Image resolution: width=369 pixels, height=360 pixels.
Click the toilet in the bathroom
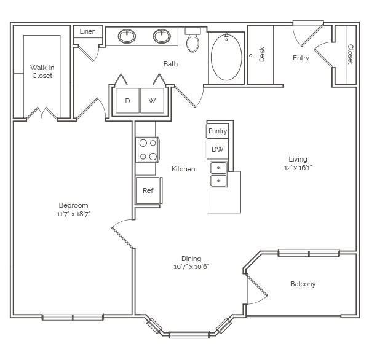192,40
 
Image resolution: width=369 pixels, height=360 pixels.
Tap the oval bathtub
226,57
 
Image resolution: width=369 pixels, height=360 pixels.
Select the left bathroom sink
127,36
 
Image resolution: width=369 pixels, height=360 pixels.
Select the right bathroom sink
162,36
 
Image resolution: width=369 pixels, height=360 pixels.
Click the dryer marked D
127,101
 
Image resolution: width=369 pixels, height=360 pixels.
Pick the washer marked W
153,101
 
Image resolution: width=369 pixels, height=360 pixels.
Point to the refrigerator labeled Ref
148,190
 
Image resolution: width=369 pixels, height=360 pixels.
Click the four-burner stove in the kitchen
148,150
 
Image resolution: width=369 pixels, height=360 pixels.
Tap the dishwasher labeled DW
218,149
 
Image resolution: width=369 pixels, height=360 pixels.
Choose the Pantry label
218,131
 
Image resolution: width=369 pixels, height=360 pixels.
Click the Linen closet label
87,31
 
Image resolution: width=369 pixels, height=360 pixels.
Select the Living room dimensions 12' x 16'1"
298,168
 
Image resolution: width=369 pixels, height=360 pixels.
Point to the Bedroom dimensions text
74,214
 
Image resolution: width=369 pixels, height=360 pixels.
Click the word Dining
191,259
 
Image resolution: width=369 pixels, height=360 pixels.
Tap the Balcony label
303,284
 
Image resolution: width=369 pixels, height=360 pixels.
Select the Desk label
262,54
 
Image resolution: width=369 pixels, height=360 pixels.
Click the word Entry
301,58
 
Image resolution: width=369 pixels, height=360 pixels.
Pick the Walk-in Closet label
42,71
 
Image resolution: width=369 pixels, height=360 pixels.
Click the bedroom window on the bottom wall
73,317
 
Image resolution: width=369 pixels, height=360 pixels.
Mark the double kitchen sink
218,174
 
